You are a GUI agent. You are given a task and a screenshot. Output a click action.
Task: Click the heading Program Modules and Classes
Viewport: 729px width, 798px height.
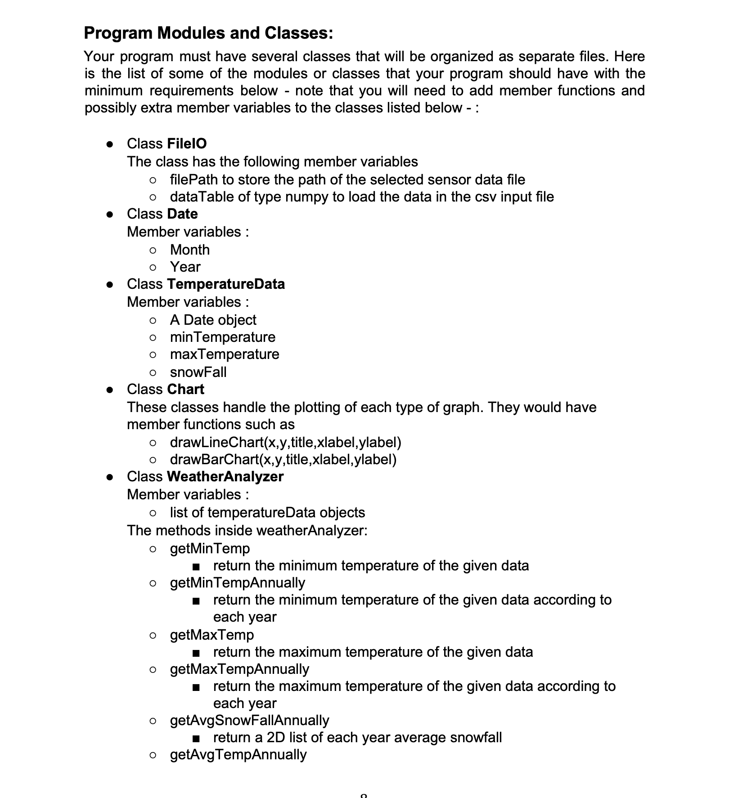(x=208, y=33)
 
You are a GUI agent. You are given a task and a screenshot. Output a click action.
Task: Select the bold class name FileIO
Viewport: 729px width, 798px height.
(x=186, y=143)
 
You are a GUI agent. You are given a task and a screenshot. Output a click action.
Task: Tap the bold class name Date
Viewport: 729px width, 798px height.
(x=182, y=214)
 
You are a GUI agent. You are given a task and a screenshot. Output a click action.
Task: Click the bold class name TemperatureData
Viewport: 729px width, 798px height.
(x=225, y=284)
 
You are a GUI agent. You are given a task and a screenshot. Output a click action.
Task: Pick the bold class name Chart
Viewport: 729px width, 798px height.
(x=185, y=389)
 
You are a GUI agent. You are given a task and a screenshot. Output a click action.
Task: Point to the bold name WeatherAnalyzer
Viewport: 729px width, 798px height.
(x=225, y=476)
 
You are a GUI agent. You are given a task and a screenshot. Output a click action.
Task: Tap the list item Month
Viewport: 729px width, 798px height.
(x=189, y=250)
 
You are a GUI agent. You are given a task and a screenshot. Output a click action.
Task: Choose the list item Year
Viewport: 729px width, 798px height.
(x=185, y=267)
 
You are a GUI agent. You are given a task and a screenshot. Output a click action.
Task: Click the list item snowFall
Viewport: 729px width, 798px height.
(x=198, y=372)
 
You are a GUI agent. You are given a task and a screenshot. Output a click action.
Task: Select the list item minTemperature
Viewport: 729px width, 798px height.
(x=222, y=337)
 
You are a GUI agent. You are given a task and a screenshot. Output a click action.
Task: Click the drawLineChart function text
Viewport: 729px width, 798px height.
(x=285, y=442)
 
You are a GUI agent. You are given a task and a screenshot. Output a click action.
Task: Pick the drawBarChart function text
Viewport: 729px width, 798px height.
(x=283, y=459)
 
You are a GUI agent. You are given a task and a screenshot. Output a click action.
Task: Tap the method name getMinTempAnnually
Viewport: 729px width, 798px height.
(x=237, y=583)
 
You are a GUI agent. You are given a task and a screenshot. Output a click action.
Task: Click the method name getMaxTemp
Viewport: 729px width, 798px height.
(x=211, y=635)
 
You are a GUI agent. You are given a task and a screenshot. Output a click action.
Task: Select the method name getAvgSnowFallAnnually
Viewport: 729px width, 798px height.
(x=249, y=720)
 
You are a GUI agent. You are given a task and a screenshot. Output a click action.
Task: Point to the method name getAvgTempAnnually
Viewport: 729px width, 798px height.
(x=238, y=754)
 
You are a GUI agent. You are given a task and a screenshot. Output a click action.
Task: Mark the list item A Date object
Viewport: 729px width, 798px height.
(x=213, y=320)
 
